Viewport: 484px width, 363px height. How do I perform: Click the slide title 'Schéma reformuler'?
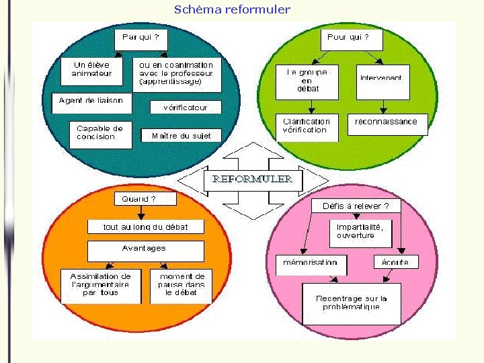click(232, 9)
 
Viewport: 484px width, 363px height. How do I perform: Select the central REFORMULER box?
click(253, 179)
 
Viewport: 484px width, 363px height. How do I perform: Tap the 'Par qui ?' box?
click(140, 38)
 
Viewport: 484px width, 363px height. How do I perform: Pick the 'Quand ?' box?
click(139, 199)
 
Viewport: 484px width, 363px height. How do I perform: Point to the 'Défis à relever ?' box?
click(356, 206)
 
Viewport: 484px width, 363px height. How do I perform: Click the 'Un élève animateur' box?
click(93, 70)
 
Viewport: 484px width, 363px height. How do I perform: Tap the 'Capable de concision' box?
click(100, 133)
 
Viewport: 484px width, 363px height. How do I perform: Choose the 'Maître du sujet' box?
click(182, 136)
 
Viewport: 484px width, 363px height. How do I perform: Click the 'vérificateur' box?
click(185, 107)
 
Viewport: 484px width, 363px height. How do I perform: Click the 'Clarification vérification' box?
click(307, 126)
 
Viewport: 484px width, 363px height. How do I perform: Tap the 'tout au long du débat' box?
click(145, 227)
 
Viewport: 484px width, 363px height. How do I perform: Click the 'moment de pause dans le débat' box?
click(182, 285)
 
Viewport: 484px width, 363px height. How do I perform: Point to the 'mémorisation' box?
click(311, 262)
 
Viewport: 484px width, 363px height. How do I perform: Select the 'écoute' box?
click(395, 261)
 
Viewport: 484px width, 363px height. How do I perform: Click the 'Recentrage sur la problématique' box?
click(351, 303)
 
